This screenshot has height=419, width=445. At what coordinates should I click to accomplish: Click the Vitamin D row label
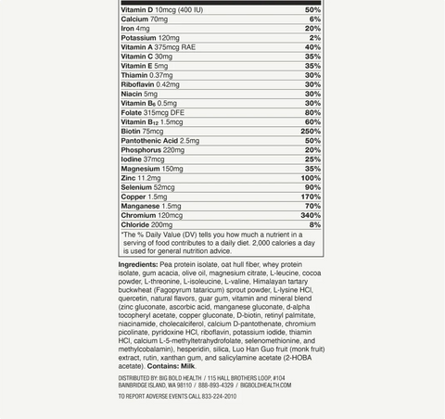[137, 10]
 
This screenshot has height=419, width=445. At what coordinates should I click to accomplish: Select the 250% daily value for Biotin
[311, 132]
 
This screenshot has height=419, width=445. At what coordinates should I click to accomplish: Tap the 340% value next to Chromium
[311, 215]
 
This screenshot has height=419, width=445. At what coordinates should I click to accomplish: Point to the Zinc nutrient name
[129, 178]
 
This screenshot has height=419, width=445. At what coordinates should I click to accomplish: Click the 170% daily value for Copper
[311, 197]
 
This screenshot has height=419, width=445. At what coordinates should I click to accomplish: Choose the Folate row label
[132, 112]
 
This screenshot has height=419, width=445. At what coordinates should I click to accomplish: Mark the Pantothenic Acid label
[149, 141]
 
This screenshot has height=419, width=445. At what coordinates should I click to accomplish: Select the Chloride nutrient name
[135, 224]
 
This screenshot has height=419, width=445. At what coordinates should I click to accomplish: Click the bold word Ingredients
[138, 265]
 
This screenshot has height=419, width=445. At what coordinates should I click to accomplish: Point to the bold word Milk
[187, 366]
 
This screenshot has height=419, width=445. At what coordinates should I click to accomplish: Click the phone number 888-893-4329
[216, 386]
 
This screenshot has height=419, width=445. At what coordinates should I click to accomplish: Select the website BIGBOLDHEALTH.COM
[266, 386]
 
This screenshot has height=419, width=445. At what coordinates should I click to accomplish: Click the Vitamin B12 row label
[139, 122]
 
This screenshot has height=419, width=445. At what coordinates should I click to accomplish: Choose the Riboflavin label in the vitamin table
[137, 84]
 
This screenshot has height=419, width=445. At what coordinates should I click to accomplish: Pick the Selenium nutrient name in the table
[136, 187]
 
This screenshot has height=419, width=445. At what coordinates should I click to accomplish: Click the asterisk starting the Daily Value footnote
[123, 235]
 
